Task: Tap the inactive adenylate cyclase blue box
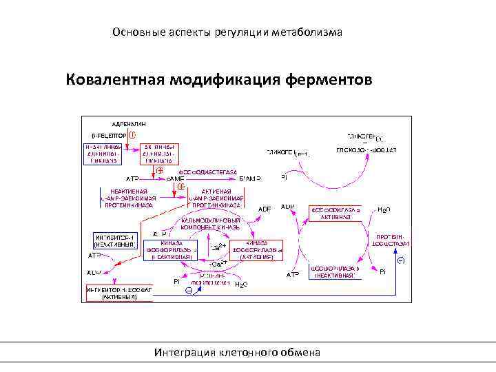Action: pyautogui.click(x=104, y=154)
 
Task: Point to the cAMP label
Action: pyautogui.click(x=176, y=178)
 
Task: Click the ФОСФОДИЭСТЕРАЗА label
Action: pyautogui.click(x=208, y=172)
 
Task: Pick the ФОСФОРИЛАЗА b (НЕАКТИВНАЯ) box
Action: pyautogui.click(x=335, y=271)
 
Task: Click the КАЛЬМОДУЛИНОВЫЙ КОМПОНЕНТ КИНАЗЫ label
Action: pyautogui.click(x=210, y=223)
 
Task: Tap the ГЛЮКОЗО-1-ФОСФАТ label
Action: pyautogui.click(x=366, y=149)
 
